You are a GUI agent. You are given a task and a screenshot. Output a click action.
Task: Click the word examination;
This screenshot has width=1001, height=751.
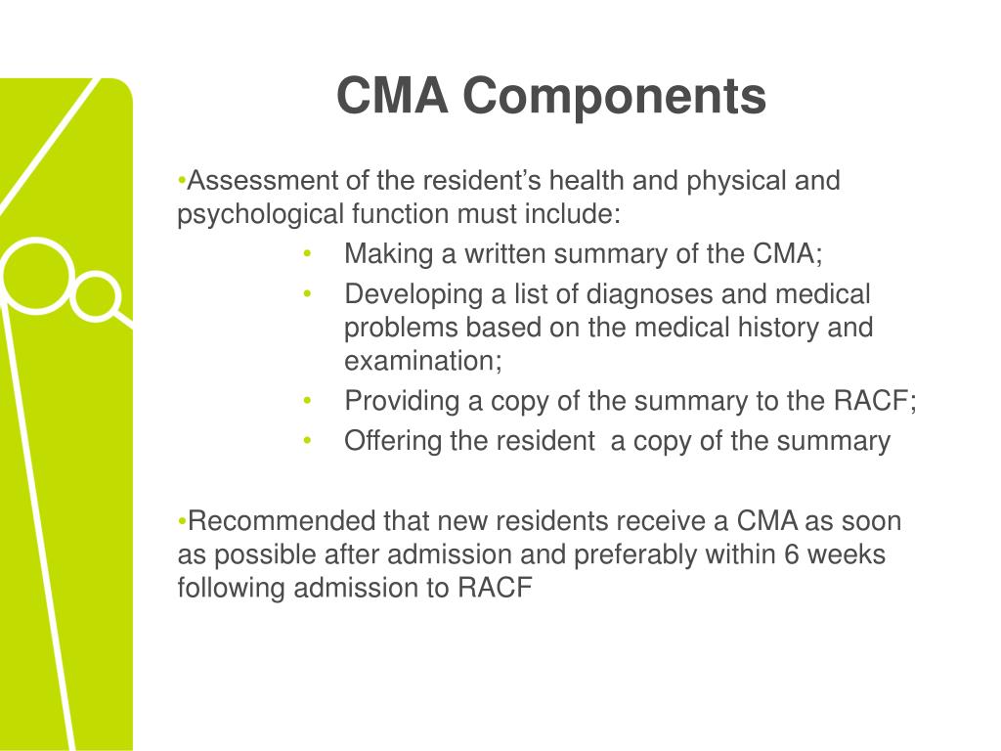pyautogui.click(x=422, y=361)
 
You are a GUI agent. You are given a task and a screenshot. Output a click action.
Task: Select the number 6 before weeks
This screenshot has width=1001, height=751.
pyautogui.click(x=793, y=554)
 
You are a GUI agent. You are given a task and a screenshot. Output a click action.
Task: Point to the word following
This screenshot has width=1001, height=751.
pyautogui.click(x=226, y=588)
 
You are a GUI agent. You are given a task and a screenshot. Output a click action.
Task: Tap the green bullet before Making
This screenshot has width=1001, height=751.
pyautogui.click(x=307, y=254)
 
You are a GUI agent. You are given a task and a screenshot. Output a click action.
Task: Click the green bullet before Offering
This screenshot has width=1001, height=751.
pyautogui.click(x=307, y=441)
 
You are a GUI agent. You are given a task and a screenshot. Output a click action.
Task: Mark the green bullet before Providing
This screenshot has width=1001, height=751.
pyautogui.click(x=307, y=401)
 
